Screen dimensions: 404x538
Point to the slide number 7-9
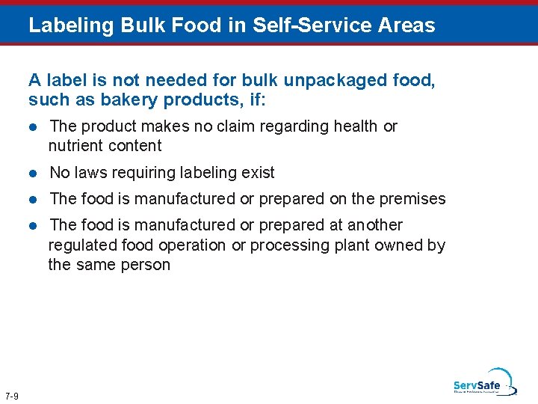tap(12, 395)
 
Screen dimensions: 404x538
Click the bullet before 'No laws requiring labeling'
tap(33, 173)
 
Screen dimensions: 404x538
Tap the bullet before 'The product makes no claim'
tap(33, 126)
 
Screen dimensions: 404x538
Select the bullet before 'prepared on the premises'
tap(33, 199)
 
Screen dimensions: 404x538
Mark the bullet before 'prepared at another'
tap(33, 225)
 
